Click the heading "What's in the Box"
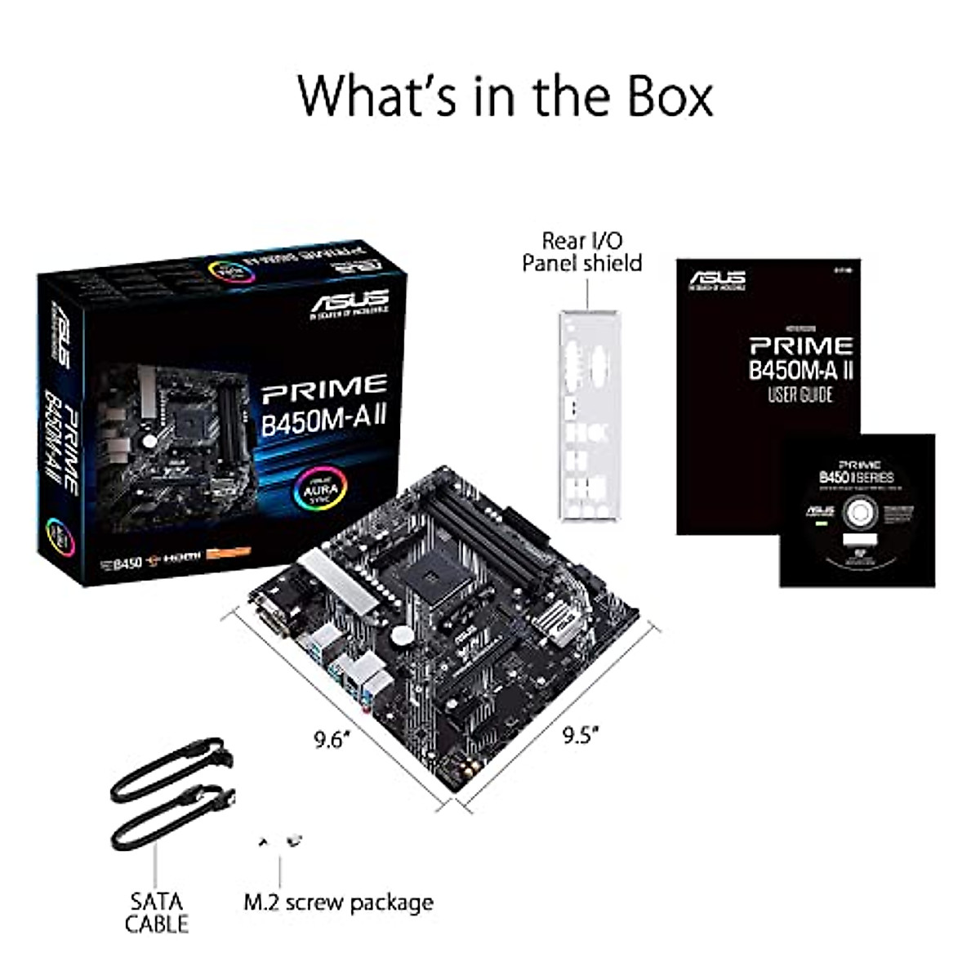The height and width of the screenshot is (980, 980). point(505,96)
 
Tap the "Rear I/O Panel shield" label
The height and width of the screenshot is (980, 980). point(581,252)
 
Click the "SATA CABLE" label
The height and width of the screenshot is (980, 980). point(157,912)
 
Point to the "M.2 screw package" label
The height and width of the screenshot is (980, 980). point(339,902)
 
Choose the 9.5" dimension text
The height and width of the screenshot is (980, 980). point(581,735)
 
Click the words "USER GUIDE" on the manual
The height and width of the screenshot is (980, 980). point(800,395)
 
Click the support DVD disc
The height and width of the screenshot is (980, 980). point(857,514)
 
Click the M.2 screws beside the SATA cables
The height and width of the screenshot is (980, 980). point(280,841)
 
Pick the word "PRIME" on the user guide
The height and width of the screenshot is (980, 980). point(800,345)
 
